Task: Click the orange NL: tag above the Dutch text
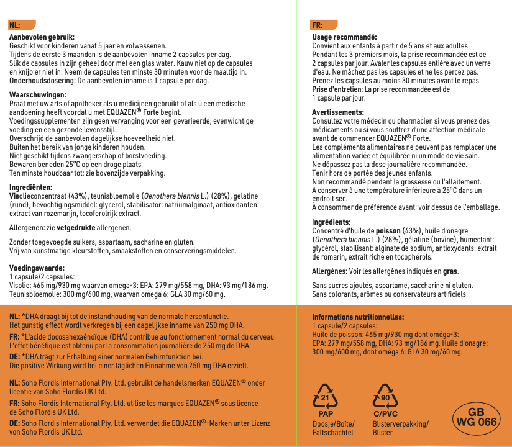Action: pyautogui.click(x=16, y=25)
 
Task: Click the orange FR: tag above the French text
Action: pyautogui.click(x=318, y=25)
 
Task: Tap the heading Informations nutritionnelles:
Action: pyautogui.click(x=357, y=317)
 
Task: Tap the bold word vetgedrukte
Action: pyautogui.click(x=75, y=228)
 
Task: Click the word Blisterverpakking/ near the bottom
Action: pyautogui.click(x=401, y=423)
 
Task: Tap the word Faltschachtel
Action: pyautogui.click(x=332, y=432)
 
